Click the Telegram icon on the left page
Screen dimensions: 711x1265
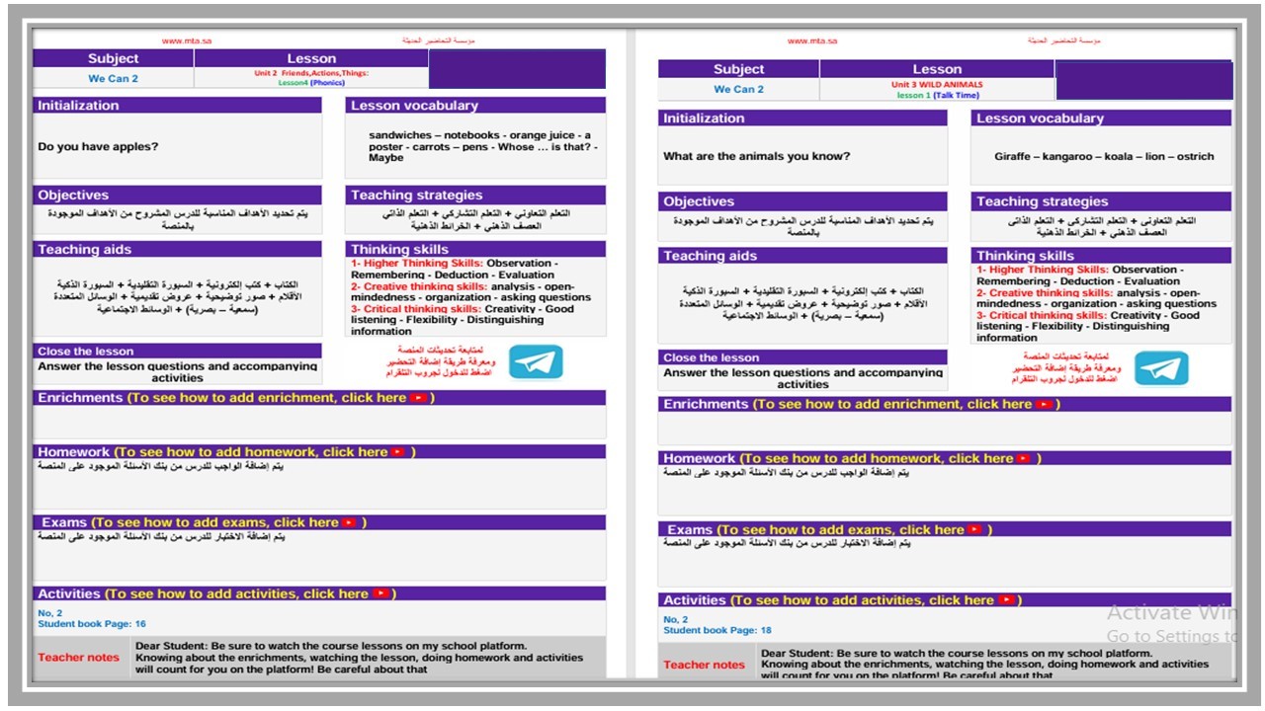(536, 362)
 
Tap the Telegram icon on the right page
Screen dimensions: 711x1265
(1161, 368)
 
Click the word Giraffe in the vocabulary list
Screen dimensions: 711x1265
(1013, 156)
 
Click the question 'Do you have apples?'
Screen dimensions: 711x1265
(98, 146)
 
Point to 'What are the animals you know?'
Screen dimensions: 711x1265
(756, 156)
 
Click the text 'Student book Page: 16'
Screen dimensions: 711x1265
(92, 624)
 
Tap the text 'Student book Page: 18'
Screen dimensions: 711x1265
(717, 630)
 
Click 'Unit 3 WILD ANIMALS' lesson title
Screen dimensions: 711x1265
(937, 85)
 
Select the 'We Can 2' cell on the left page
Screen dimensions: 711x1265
(114, 79)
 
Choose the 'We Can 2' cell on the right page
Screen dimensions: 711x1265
(739, 90)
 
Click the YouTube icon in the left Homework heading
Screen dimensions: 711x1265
(398, 452)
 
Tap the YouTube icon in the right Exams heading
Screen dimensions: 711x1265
(974, 530)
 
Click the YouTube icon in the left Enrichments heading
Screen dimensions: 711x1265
(418, 398)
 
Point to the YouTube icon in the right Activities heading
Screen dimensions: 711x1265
(1006, 600)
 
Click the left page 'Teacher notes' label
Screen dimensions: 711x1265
(79, 658)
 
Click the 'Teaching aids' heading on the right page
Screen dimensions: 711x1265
(710, 256)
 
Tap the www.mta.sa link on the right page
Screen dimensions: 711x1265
(812, 41)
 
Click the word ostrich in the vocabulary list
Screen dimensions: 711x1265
(1195, 156)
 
